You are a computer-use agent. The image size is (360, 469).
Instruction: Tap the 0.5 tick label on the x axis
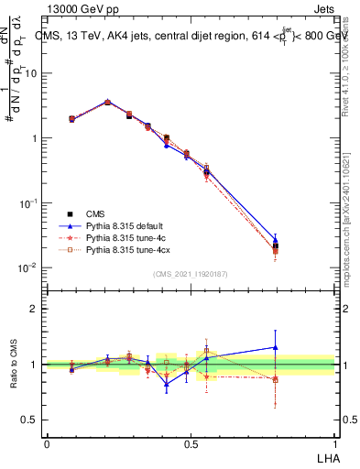191,442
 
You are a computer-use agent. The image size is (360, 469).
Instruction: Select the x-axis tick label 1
333,442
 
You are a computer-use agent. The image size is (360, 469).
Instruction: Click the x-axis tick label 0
47,442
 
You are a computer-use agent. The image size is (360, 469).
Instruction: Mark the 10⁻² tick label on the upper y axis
31,267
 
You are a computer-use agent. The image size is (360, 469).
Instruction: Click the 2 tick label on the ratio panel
36,310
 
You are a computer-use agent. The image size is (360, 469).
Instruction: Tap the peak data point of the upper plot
107,102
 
